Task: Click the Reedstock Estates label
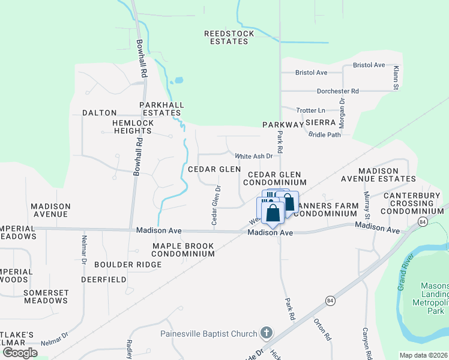click(229, 38)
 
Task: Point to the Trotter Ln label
click(310, 110)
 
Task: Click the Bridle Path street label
click(324, 134)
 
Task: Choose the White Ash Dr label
click(253, 156)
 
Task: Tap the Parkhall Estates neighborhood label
click(161, 109)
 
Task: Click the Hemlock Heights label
click(125, 127)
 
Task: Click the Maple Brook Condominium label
click(183, 250)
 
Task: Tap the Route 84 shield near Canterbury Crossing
click(423, 223)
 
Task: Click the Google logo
click(20, 352)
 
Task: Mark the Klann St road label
click(396, 79)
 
